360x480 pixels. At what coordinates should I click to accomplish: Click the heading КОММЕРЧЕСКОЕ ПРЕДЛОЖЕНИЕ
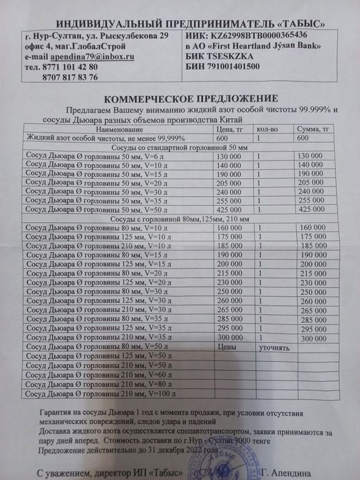[x=180, y=97]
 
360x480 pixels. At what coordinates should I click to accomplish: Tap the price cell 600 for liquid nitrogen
[x=221, y=138]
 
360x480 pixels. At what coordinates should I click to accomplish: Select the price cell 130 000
[x=229, y=157]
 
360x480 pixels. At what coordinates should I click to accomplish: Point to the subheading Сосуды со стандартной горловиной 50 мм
[x=180, y=147]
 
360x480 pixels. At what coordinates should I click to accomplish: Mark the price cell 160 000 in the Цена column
[x=230, y=227]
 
